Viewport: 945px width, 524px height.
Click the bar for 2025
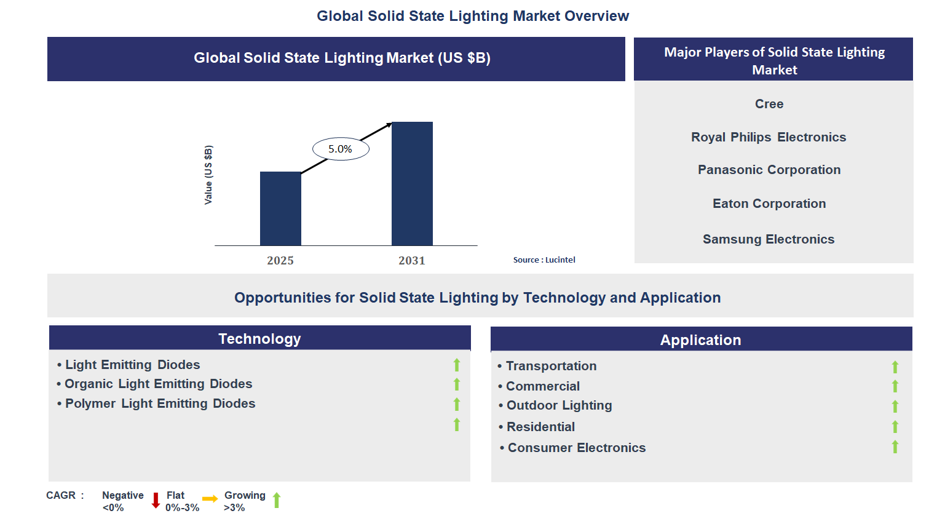pos(280,208)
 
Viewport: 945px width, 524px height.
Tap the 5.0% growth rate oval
pos(341,149)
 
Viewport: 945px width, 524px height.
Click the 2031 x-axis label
pos(411,260)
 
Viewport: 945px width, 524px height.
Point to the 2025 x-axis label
pos(280,260)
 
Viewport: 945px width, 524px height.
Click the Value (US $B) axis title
pos(208,175)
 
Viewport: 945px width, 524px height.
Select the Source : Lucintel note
pos(544,260)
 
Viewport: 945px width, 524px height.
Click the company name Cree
pos(769,104)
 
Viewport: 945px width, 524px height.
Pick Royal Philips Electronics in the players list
pos(769,137)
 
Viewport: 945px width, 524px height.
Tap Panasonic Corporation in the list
pos(769,170)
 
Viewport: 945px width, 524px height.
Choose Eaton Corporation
pos(769,204)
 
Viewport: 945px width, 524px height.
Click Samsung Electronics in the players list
pos(769,239)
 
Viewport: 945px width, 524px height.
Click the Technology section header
pos(259,339)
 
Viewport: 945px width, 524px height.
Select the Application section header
pos(700,340)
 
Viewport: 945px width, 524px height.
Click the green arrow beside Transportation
pos(895,367)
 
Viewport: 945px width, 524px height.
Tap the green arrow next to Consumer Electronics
pos(895,447)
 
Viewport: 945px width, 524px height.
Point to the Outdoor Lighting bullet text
pos(559,405)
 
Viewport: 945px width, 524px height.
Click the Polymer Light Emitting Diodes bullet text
pos(160,403)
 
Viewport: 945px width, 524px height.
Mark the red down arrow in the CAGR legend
pos(156,500)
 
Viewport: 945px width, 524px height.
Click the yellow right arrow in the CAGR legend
pos(210,499)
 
